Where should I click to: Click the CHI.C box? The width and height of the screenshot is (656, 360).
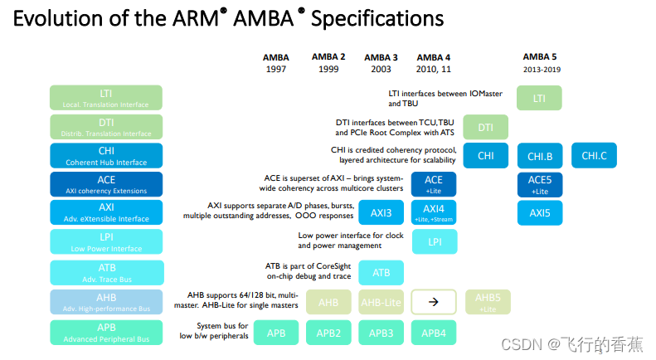click(594, 155)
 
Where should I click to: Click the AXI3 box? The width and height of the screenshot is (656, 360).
click(381, 213)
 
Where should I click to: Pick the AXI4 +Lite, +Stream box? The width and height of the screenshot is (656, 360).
click(435, 213)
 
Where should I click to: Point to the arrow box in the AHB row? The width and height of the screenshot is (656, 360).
click(435, 303)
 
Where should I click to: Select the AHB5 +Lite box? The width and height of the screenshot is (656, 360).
click(487, 303)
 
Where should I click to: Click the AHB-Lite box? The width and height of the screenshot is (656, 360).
click(381, 303)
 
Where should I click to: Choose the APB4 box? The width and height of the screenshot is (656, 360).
click(435, 333)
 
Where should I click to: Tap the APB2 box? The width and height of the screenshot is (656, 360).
click(328, 333)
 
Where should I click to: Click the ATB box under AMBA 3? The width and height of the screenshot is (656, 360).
click(381, 272)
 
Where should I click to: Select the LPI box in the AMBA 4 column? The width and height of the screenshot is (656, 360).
click(435, 242)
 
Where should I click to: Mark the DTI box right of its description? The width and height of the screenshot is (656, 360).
click(487, 127)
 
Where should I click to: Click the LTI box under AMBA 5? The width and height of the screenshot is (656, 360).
click(540, 98)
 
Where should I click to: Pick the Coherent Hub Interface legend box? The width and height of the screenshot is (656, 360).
click(106, 155)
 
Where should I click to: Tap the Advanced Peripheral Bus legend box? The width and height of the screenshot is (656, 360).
click(106, 333)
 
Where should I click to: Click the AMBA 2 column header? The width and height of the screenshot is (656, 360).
click(328, 56)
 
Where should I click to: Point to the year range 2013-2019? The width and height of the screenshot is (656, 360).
click(542, 70)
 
